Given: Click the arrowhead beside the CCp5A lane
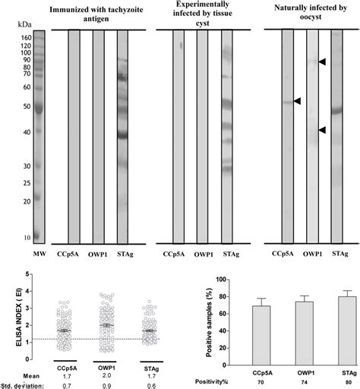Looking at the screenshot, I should pos(298,101).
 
